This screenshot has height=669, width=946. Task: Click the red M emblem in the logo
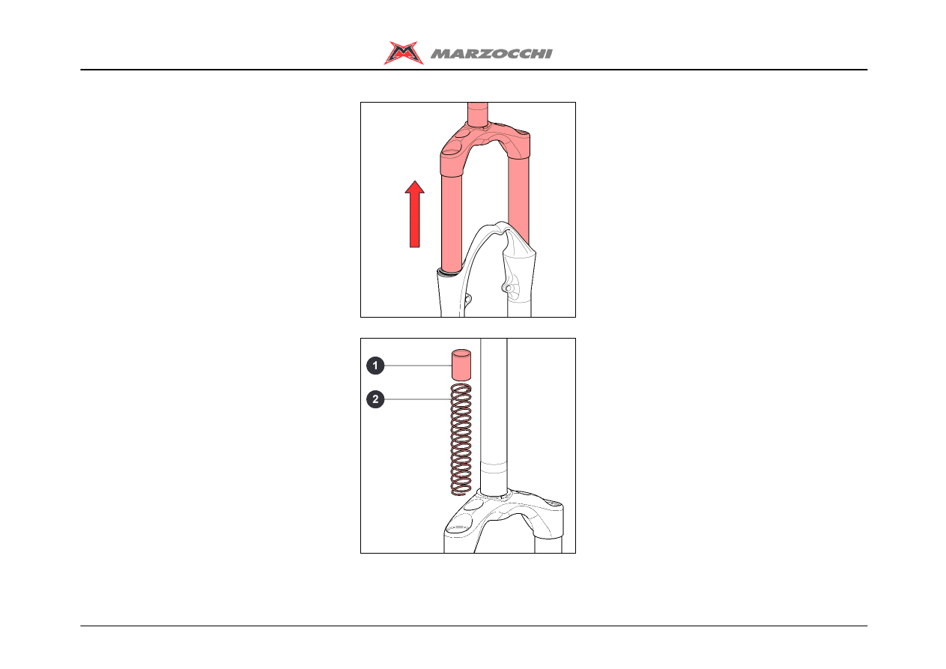[x=403, y=53]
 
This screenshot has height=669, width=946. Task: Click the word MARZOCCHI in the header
[x=491, y=54]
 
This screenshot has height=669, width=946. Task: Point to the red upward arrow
[x=415, y=214]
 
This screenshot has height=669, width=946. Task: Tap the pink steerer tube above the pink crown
[x=478, y=113]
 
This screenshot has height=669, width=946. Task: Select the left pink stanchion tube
[x=452, y=222]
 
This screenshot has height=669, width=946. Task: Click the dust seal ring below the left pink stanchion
[x=449, y=273]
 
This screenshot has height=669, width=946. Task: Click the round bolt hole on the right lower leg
[x=509, y=288]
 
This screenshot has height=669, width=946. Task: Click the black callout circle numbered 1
[x=375, y=366]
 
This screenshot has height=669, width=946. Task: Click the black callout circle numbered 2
[x=375, y=399]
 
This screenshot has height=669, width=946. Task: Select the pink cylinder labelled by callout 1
[x=461, y=365]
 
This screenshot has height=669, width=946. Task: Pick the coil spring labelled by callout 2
[x=461, y=439]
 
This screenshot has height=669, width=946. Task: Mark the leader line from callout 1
[x=418, y=366]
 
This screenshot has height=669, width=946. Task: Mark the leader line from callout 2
[x=418, y=399]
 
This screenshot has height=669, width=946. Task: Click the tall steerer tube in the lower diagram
[x=494, y=416]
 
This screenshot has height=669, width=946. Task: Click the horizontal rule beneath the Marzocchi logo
[x=474, y=70]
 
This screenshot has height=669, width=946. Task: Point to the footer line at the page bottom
[x=474, y=626]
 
